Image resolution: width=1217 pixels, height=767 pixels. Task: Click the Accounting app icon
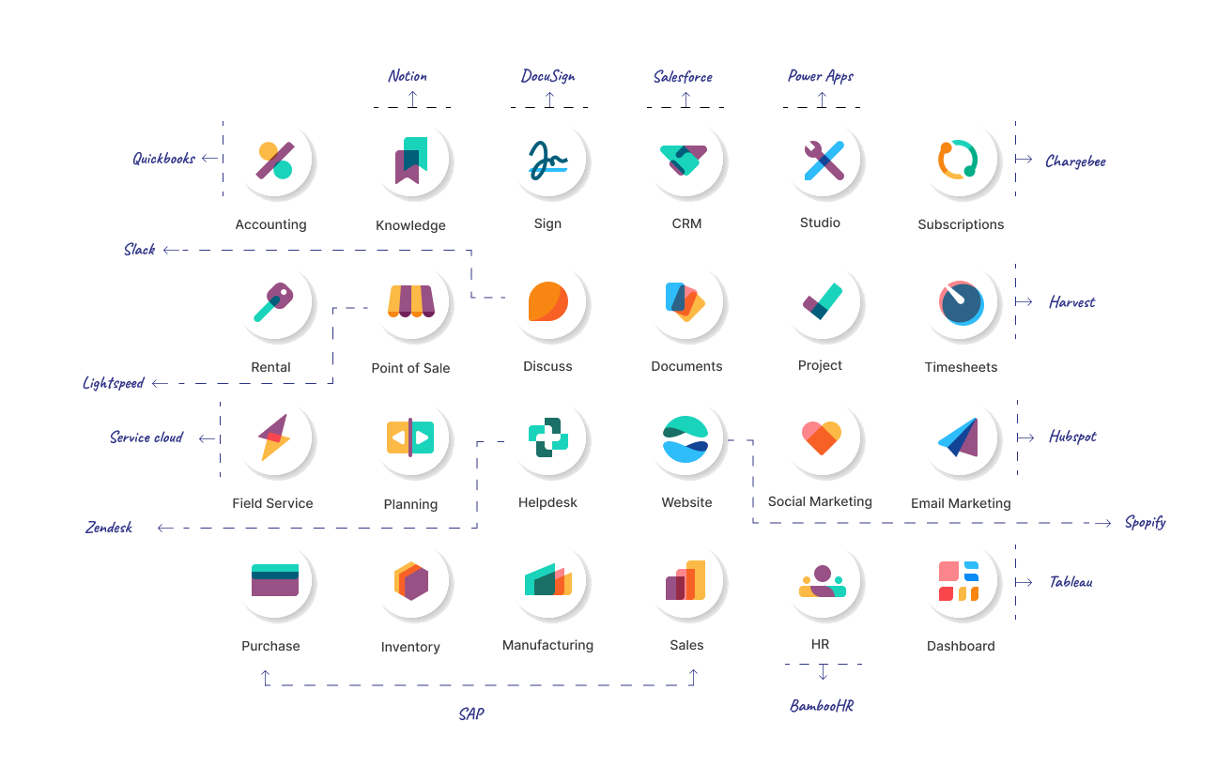pos(274,161)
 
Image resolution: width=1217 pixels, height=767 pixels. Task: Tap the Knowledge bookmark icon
pos(411,161)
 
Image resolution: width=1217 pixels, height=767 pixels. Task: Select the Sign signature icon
pos(548,160)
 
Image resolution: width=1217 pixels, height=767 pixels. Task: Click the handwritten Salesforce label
pos(683,77)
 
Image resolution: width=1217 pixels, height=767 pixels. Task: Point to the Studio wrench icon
pos(823,160)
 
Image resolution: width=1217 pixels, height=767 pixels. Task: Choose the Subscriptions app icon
pos(959,160)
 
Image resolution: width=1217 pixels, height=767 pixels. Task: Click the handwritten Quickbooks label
pos(164,159)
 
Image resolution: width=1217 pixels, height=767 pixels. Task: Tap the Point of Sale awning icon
pos(411,300)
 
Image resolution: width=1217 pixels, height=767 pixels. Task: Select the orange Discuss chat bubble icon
pos(547,301)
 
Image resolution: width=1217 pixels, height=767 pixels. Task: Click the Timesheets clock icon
pos(961,301)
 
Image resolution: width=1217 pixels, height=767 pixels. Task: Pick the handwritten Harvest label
pos(1071,302)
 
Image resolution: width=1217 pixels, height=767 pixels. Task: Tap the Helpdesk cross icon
pos(547,437)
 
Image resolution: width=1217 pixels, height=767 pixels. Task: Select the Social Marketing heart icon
pos(822,437)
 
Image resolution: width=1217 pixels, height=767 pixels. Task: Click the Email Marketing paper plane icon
pos(959,437)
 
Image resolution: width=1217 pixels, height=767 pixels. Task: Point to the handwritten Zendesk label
pos(109,528)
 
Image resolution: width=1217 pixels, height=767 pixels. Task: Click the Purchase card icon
pos(274,580)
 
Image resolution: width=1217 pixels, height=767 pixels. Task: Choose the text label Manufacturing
pos(547,646)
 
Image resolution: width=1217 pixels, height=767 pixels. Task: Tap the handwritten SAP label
pos(471,714)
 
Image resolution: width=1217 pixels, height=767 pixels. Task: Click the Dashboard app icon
pos(959,580)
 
